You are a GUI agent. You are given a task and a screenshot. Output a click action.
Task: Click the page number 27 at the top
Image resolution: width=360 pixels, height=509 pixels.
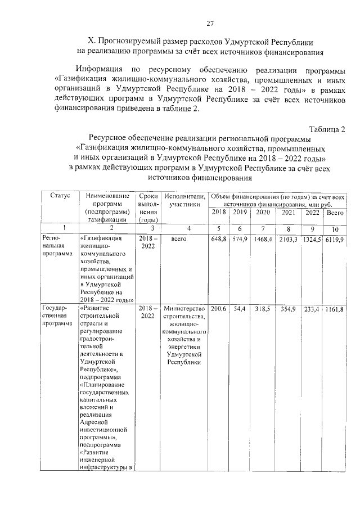tap(209, 24)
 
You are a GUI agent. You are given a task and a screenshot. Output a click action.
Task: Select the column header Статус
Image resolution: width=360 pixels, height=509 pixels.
tap(60, 196)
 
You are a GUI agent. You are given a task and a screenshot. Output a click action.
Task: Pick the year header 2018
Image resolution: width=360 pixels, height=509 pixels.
tap(218, 213)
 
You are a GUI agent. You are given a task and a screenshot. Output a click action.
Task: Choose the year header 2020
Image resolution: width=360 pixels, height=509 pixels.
tap(263, 213)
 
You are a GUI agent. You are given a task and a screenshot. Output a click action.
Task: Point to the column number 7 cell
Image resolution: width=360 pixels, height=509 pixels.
tap(263, 229)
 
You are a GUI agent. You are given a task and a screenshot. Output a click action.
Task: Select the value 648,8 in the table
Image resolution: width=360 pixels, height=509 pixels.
tap(218, 240)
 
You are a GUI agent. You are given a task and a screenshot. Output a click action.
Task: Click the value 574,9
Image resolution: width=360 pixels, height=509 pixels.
tap(240, 240)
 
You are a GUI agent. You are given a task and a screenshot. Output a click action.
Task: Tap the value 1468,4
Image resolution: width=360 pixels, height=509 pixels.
tap(263, 240)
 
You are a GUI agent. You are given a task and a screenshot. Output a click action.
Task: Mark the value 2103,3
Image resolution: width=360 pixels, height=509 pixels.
tap(289, 240)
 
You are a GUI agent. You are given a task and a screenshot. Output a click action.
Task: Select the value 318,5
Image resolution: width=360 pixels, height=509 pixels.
tap(263, 309)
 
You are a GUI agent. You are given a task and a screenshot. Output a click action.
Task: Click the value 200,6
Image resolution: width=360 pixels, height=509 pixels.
tap(218, 309)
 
